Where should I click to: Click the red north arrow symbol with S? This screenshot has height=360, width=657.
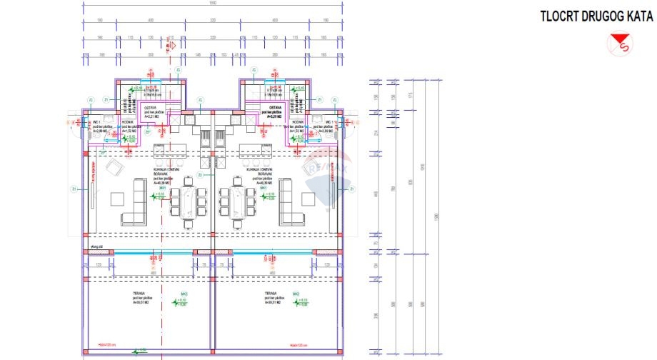click(x=619, y=46)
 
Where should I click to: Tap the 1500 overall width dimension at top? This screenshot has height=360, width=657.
click(x=213, y=4)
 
